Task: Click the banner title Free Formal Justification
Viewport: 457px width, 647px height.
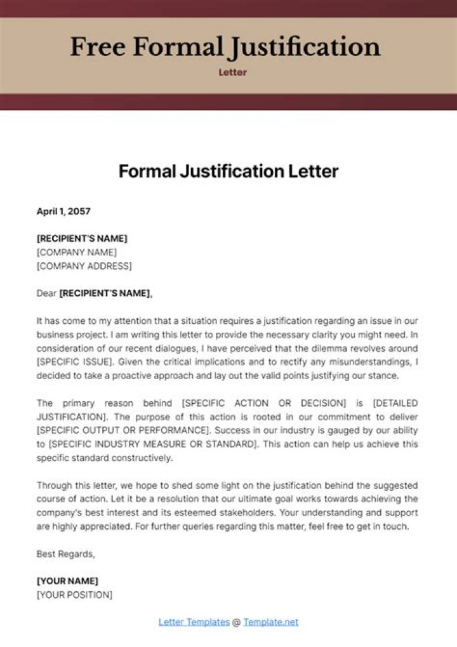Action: click(x=225, y=47)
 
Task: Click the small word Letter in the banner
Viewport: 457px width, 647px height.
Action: click(x=233, y=72)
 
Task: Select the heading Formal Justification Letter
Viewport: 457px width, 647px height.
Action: click(x=228, y=171)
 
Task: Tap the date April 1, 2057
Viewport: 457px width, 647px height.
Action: click(x=63, y=211)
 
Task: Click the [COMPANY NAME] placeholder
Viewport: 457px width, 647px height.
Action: click(x=77, y=252)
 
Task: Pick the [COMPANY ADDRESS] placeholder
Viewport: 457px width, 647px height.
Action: click(x=84, y=266)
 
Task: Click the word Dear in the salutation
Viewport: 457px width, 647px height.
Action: click(x=46, y=293)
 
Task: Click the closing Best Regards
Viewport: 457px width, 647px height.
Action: click(x=65, y=554)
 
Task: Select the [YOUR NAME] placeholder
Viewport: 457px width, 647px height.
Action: click(x=67, y=581)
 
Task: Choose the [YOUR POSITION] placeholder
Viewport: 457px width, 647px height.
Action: click(x=74, y=595)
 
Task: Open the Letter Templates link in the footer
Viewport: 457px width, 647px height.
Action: click(x=194, y=622)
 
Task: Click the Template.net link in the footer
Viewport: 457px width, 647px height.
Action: click(x=270, y=622)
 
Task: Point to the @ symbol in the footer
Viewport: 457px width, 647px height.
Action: click(x=236, y=622)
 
